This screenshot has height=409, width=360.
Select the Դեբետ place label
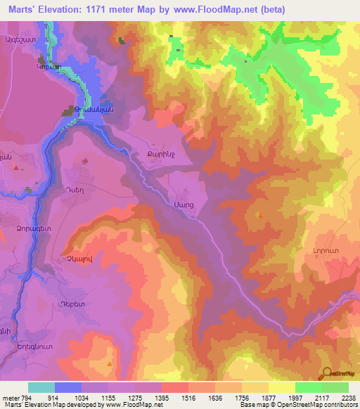tap(73, 304)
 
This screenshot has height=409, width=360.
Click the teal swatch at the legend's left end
tap(41, 387)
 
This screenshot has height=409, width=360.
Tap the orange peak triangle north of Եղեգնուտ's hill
tap(110, 363)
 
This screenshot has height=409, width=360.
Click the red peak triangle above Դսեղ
tap(85, 161)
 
